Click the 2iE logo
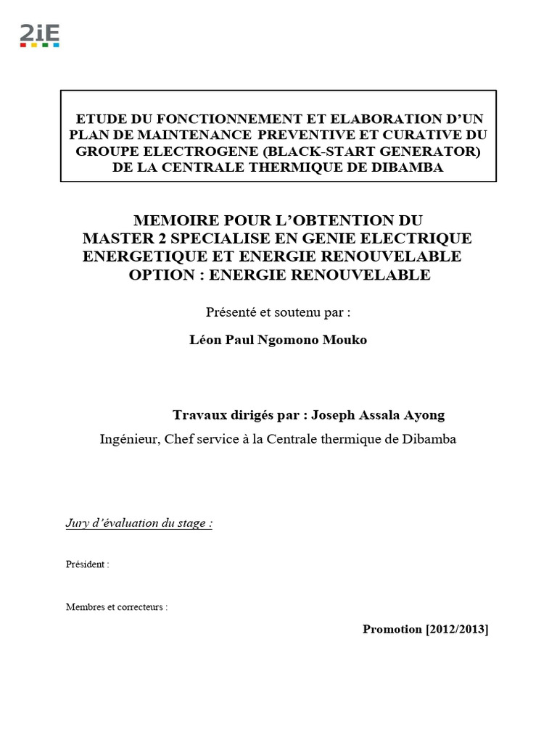[x=39, y=36]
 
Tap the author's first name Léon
[x=203, y=340]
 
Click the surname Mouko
[x=347, y=340]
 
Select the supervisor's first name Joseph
[x=334, y=415]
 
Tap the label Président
[x=86, y=564]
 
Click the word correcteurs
[x=144, y=607]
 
